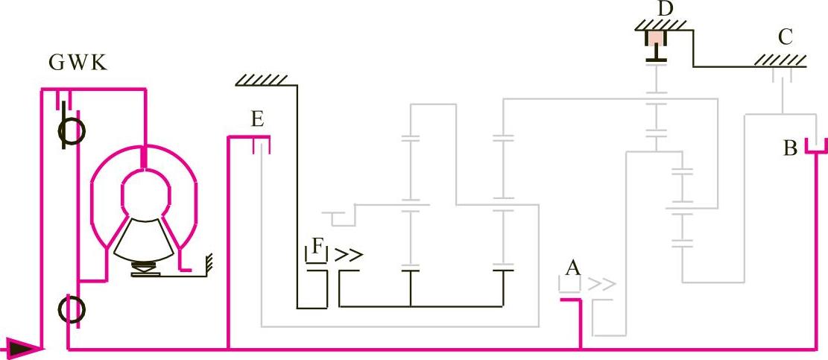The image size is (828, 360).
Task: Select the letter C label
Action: [x=786, y=37]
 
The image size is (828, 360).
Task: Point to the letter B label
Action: [x=791, y=148]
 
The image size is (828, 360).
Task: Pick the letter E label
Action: [x=257, y=119]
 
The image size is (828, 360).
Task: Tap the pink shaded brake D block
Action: [x=656, y=38]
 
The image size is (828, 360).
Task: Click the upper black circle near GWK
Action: [x=72, y=131]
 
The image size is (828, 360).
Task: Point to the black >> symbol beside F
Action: [x=349, y=255]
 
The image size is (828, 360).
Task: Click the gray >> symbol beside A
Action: [x=602, y=284]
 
